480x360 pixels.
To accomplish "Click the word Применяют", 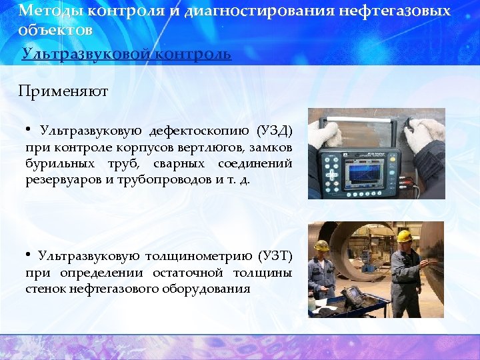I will coord(63,91).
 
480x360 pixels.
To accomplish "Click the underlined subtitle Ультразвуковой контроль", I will coord(127,54).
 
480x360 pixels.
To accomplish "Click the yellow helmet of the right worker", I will coord(403,236).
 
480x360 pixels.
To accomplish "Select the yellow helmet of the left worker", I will coord(322,245).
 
